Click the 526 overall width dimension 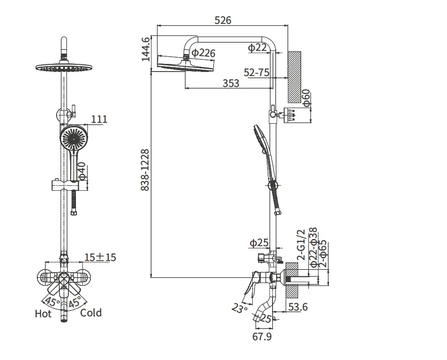[x=223, y=20]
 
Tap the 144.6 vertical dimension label [x=145, y=49]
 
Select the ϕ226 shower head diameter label [x=203, y=53]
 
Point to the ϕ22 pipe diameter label [x=258, y=47]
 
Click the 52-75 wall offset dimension [x=256, y=72]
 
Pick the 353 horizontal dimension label [x=231, y=83]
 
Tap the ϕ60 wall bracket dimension [x=306, y=98]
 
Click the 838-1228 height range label [x=145, y=170]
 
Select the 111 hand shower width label [x=99, y=119]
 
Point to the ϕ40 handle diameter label [x=81, y=171]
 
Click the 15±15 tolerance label [x=100, y=257]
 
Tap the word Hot [x=43, y=314]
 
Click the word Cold [x=91, y=313]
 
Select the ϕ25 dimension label [x=259, y=243]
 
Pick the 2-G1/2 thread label [x=301, y=245]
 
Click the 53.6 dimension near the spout [x=298, y=307]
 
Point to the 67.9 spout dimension [x=262, y=336]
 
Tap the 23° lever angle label [x=240, y=308]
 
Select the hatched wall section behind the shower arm [x=294, y=76]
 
